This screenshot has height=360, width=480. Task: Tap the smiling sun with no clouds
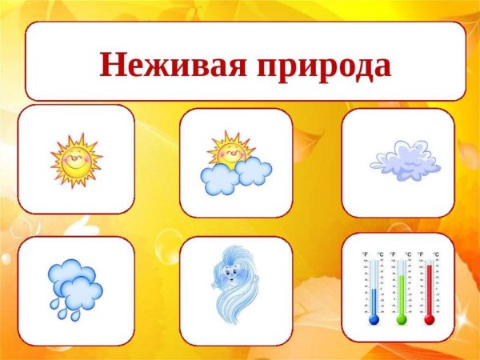75,159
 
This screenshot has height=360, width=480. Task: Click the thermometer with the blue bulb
374,288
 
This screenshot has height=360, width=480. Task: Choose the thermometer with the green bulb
402,288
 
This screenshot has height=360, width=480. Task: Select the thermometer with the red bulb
430,288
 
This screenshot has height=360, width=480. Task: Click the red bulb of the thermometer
430,319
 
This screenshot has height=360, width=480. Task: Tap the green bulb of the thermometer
402,319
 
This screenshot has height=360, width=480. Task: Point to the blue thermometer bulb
374,319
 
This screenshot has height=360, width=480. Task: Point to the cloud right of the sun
254,170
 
